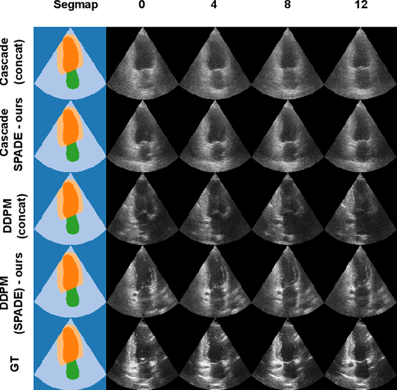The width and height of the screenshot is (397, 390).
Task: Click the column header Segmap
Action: tap(69, 5)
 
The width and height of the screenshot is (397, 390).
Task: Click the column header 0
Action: tap(143, 5)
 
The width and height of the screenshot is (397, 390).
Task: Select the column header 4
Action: tap(215, 5)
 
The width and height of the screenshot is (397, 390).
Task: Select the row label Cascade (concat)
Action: tap(14, 63)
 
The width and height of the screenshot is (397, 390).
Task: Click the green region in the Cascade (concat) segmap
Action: tap(73, 79)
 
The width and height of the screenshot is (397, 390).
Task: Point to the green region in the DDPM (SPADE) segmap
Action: tap(73, 297)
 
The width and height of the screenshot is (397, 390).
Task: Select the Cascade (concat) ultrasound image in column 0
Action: tap(143, 62)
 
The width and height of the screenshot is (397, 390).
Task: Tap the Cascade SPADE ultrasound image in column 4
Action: tap(215, 134)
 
